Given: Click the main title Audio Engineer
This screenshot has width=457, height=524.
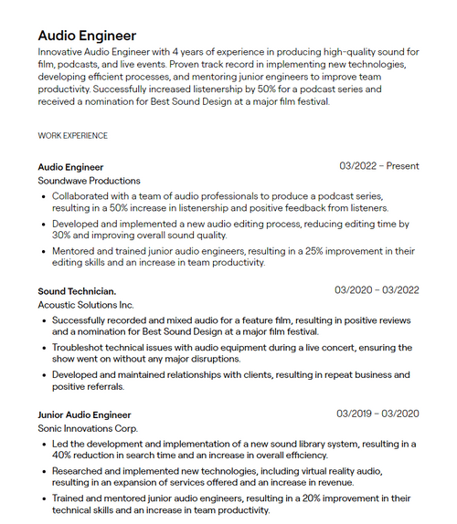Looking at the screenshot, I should click(x=87, y=36).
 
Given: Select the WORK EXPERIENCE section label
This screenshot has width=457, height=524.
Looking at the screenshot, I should click(x=72, y=135).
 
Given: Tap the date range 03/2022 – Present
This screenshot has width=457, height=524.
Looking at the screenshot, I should click(x=378, y=166).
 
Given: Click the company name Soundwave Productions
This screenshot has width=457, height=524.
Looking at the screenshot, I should click(x=89, y=181).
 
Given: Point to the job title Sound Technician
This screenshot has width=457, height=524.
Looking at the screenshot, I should click(x=77, y=290).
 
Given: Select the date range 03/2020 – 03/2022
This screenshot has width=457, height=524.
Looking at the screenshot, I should click(x=377, y=290).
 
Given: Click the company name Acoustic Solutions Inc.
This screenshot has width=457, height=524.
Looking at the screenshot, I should click(x=85, y=304).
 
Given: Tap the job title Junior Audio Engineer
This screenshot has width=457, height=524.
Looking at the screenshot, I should click(x=84, y=414).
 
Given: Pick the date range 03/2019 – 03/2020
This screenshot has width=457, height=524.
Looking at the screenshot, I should click(x=377, y=414).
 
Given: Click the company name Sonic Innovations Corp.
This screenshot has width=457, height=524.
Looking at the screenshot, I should click(x=88, y=428).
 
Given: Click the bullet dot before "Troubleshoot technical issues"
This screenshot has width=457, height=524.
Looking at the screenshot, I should click(x=44, y=348).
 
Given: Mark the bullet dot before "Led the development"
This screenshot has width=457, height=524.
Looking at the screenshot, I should click(x=44, y=444).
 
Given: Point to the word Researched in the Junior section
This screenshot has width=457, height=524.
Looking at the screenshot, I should click(x=80, y=470).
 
